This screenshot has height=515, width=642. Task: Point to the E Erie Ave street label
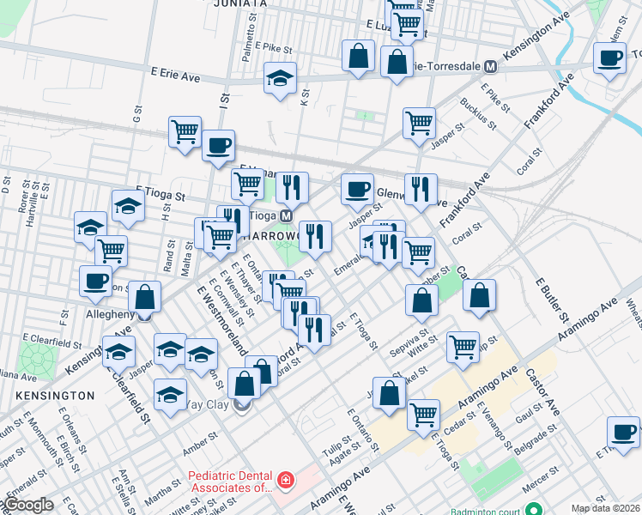(x=174, y=76)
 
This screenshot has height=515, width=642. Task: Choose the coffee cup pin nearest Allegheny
(x=95, y=281)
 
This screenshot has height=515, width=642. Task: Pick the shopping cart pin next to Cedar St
(x=424, y=415)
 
